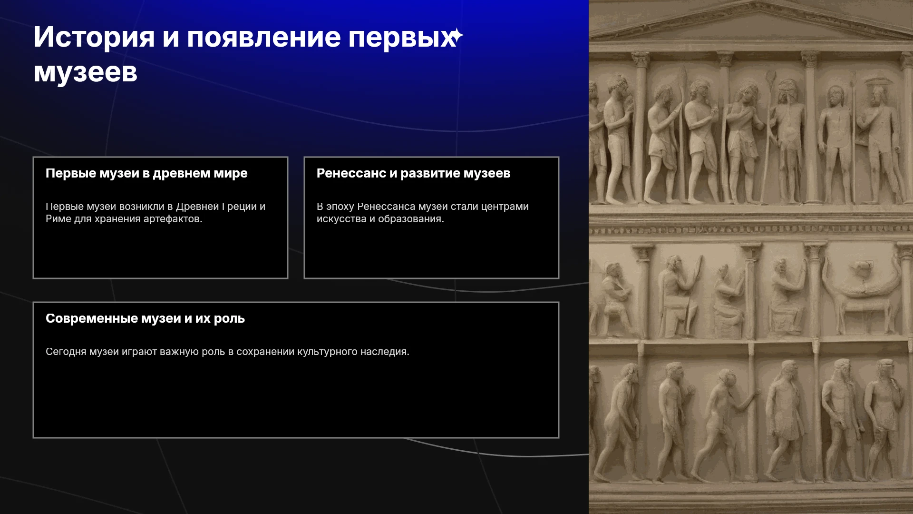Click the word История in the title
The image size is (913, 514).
click(94, 38)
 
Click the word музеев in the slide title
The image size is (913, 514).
click(86, 73)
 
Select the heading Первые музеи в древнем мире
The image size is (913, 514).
click(146, 174)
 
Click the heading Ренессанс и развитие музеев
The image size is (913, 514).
click(413, 174)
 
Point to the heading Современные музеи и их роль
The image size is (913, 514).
click(145, 319)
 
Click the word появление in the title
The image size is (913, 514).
click(264, 38)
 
